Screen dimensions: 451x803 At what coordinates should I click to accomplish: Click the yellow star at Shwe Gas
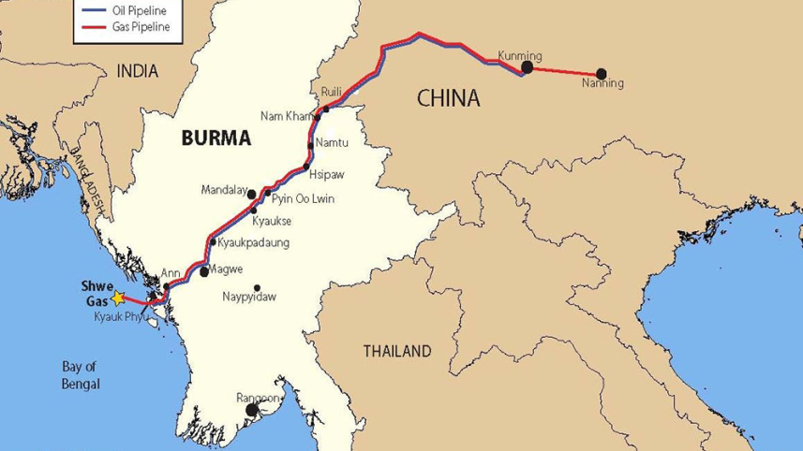(x=117, y=298)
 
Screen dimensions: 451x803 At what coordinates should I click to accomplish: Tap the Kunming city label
(x=520, y=54)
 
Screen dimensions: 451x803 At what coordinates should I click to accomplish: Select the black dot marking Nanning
(x=601, y=73)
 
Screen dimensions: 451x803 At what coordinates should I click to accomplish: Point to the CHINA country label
(x=447, y=97)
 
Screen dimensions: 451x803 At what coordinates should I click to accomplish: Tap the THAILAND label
(x=397, y=352)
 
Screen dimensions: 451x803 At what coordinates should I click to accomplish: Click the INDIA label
(x=137, y=71)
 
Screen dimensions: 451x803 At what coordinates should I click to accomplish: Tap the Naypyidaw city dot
(x=258, y=287)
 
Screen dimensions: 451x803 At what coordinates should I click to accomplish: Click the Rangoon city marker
(x=251, y=410)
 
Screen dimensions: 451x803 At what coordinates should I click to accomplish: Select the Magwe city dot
(x=204, y=272)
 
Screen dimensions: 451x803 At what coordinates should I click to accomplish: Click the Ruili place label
(x=332, y=91)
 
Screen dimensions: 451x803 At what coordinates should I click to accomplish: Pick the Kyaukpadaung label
(x=254, y=242)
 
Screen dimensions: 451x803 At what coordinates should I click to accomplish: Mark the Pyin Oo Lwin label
(x=303, y=199)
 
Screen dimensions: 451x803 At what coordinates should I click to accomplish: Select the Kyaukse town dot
(x=254, y=210)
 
